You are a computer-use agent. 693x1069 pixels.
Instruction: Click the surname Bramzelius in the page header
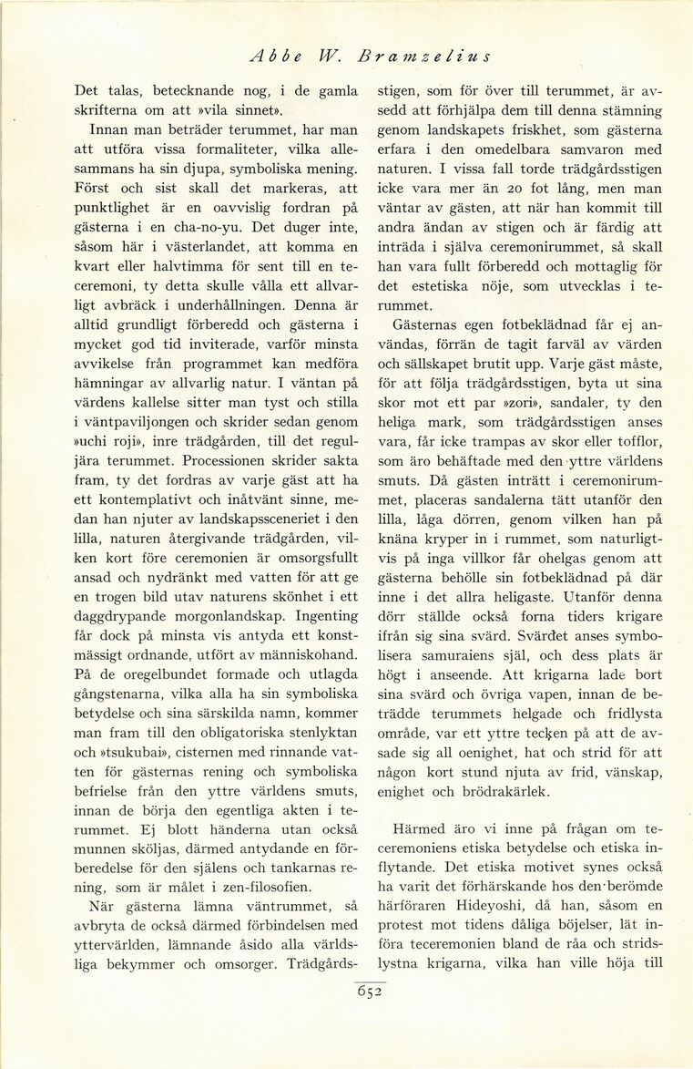click(425, 57)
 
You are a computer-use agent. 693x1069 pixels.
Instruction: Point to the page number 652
click(369, 993)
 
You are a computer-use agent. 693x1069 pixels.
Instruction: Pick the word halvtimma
click(198, 270)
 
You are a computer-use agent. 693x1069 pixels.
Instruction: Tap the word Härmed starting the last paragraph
click(423, 831)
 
